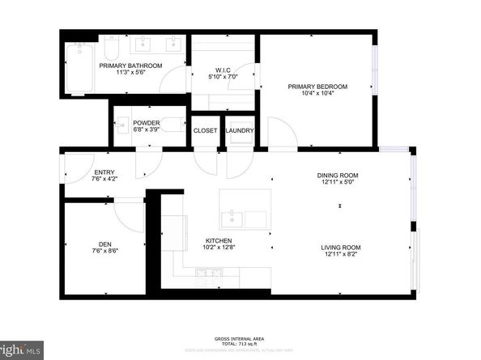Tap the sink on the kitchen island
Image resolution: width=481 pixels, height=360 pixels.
click(x=232, y=217)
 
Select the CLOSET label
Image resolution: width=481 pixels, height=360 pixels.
click(x=204, y=130)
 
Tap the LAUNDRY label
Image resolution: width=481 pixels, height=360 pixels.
click(x=240, y=130)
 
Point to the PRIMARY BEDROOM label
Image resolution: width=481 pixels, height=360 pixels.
click(x=318, y=86)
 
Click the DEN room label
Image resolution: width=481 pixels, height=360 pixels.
click(x=105, y=244)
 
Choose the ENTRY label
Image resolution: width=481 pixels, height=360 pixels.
click(x=104, y=172)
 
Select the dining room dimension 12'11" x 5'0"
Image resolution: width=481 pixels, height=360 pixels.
click(x=338, y=182)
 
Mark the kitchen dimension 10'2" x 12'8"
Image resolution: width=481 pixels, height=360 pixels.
click(x=219, y=248)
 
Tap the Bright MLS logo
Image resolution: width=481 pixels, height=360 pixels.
click(x=19, y=349)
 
